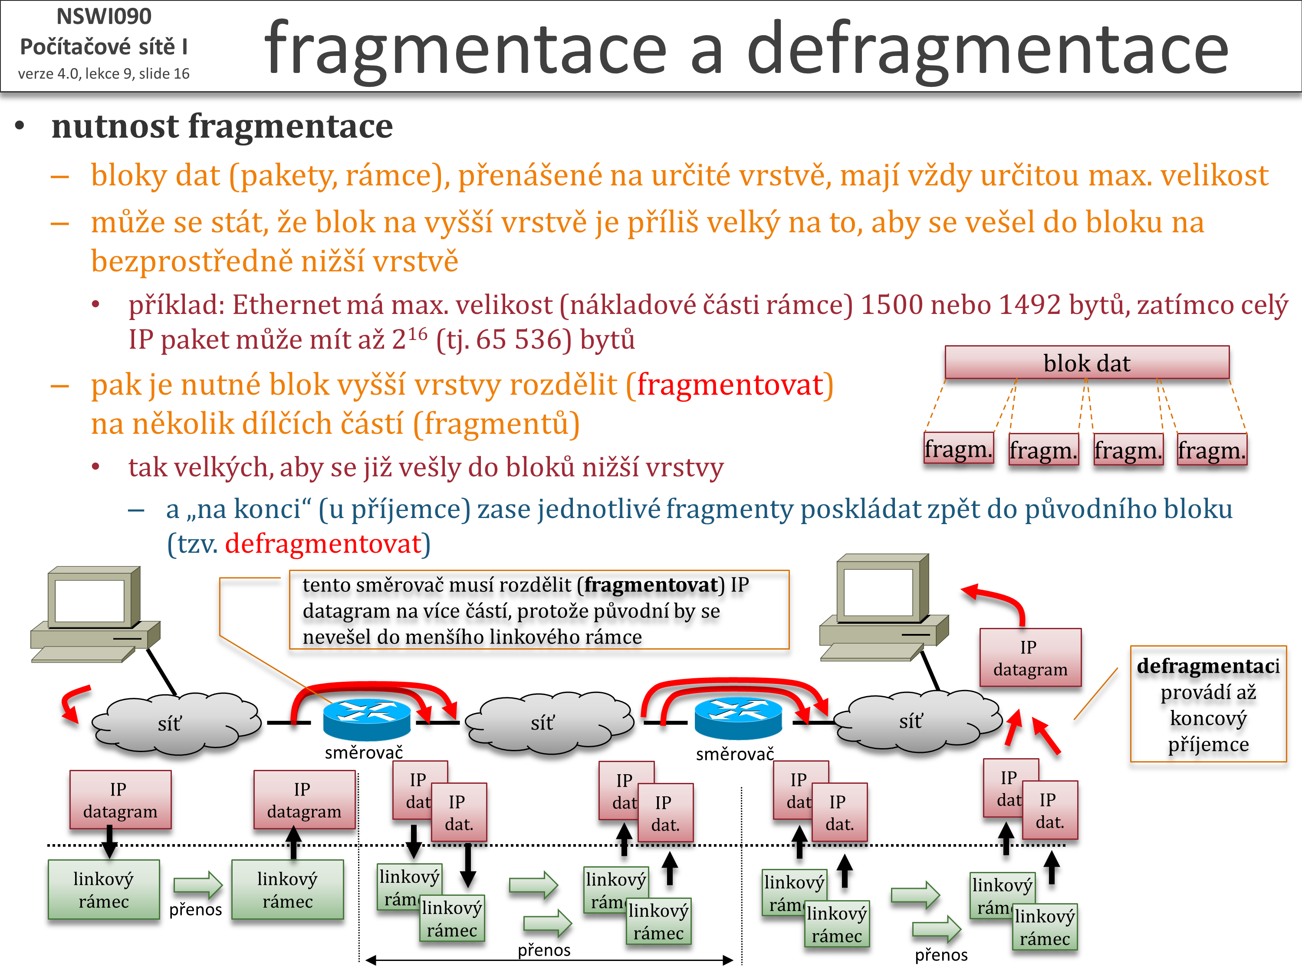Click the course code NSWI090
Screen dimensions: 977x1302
(104, 17)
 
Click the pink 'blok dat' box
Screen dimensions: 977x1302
(1087, 363)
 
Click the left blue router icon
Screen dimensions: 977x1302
(367, 719)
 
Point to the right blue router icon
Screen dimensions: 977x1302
(738, 719)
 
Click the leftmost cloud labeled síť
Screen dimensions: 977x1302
(171, 723)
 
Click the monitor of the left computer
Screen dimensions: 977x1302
(91, 601)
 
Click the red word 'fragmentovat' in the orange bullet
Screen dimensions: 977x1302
(730, 385)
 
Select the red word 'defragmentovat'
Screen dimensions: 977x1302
(324, 544)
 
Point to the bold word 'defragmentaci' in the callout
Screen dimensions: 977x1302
(1208, 666)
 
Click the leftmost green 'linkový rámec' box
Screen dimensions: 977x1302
(104, 889)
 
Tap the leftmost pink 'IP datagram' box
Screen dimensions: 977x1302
(120, 800)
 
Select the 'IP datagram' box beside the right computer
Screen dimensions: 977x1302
(1030, 657)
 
